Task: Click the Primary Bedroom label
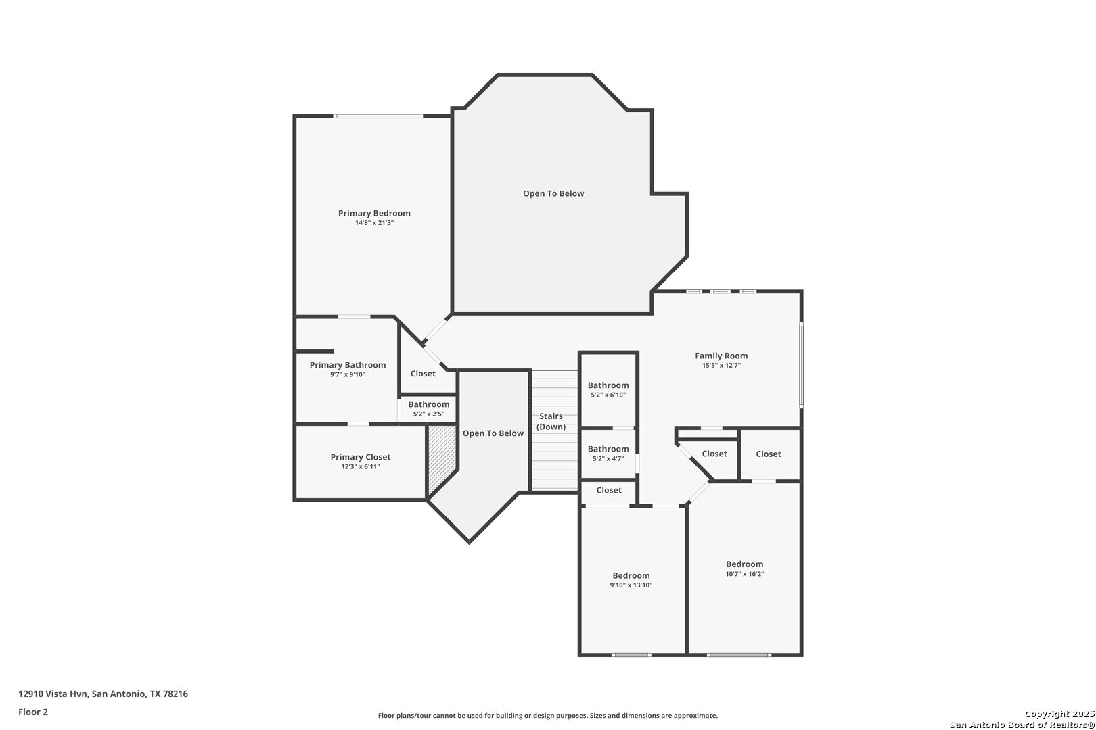pos(374,213)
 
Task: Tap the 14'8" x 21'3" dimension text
pos(374,223)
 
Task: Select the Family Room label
pos(721,356)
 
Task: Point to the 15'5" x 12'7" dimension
pos(721,366)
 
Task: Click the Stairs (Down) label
pos(551,422)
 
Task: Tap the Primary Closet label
pos(361,457)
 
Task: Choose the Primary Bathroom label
pos(347,365)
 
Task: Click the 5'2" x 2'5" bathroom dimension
pos(429,414)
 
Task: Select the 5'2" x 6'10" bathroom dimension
pos(608,395)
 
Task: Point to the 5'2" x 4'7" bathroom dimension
pos(608,459)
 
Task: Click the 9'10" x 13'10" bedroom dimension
pos(631,585)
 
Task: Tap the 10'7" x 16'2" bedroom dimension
pos(745,574)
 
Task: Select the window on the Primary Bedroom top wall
pos(378,116)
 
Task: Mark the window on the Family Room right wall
pos(801,365)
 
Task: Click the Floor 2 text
pos(33,712)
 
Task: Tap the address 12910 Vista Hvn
pos(53,693)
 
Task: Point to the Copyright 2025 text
pos(1059,714)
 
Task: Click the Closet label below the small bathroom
pos(609,490)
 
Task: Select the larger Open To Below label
pos(553,193)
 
